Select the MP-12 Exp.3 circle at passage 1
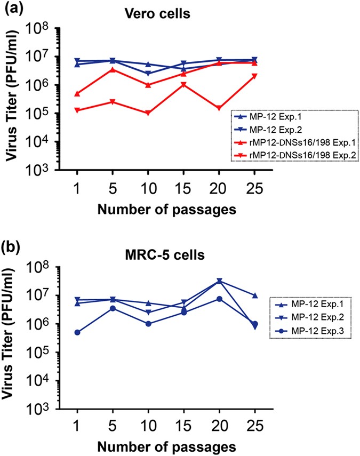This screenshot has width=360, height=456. (77, 332)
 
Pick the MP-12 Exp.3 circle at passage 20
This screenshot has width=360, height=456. (219, 299)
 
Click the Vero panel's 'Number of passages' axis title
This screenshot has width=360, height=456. (166, 209)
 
